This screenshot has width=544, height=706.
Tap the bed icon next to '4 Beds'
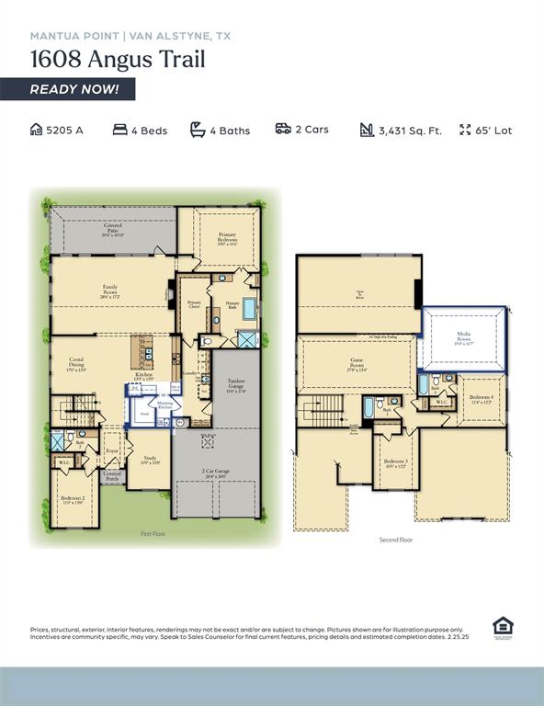click(x=119, y=130)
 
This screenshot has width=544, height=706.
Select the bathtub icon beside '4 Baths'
click(x=198, y=130)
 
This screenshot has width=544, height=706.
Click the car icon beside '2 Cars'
click(x=283, y=129)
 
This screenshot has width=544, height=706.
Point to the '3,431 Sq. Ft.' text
click(x=410, y=131)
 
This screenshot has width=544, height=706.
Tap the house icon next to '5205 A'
click(x=37, y=130)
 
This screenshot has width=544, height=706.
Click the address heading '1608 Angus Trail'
click(x=118, y=60)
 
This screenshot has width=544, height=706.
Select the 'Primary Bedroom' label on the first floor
click(x=227, y=238)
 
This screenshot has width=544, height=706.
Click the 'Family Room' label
click(x=109, y=290)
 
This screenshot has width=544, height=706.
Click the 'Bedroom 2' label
click(x=73, y=499)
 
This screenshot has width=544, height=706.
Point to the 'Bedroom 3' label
click(x=395, y=462)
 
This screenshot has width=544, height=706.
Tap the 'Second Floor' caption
click(x=395, y=540)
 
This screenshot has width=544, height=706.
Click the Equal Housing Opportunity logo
click(x=503, y=627)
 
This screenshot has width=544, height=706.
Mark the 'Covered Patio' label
click(x=112, y=229)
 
